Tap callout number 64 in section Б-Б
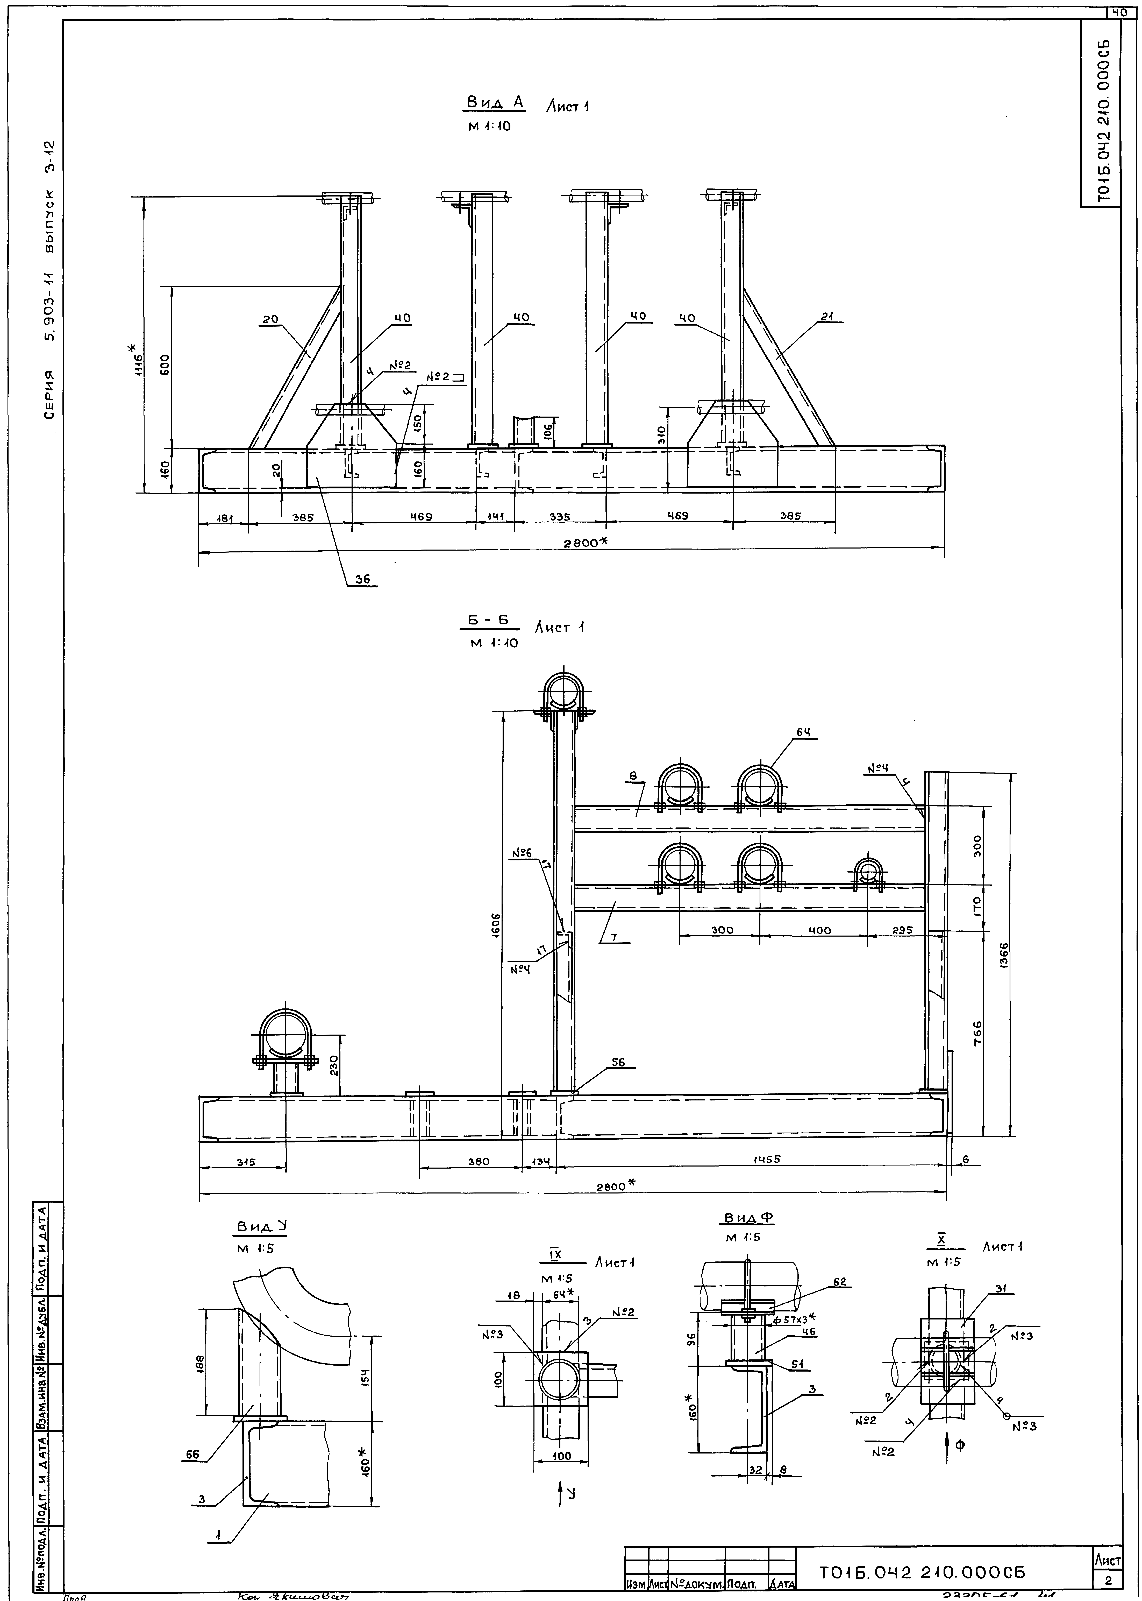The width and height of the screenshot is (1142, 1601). pos(803,732)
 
